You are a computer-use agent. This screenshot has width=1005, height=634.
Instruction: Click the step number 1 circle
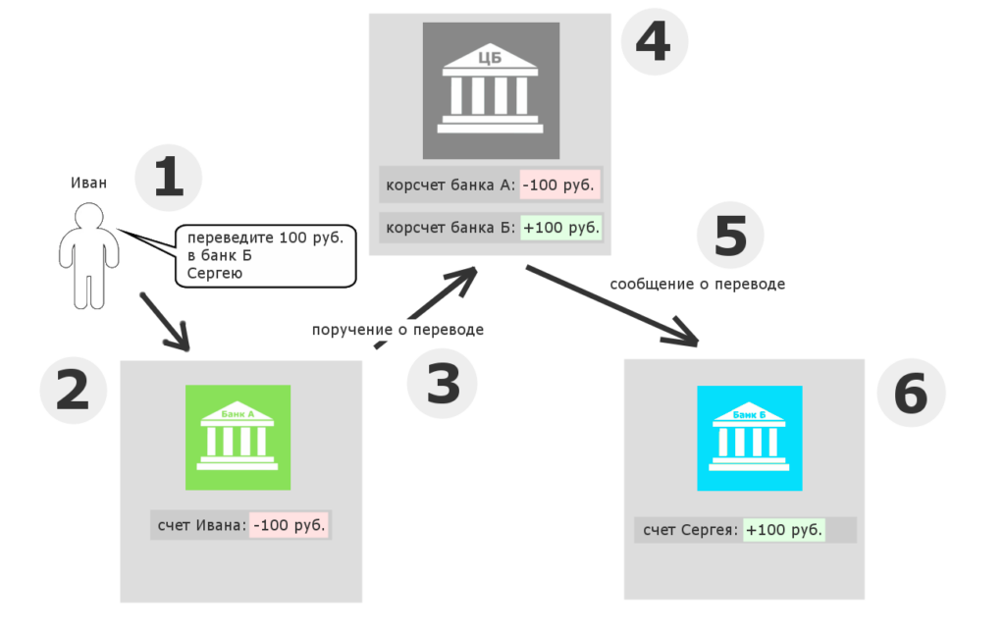[x=169, y=178]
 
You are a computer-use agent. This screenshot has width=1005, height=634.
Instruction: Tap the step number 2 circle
[x=73, y=391]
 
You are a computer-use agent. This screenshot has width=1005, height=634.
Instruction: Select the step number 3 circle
[x=443, y=384]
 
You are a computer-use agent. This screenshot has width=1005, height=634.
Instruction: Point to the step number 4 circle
[x=655, y=41]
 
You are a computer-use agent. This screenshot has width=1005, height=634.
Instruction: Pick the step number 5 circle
[x=730, y=236]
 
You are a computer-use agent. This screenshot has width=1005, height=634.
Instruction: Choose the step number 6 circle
[x=911, y=393]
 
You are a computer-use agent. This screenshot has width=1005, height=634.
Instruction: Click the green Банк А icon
[x=238, y=438]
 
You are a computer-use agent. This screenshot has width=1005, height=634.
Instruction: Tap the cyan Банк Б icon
[x=750, y=439]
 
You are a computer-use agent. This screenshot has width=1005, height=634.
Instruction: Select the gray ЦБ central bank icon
[x=491, y=90]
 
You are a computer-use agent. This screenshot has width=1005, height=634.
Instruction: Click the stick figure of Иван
[x=89, y=256]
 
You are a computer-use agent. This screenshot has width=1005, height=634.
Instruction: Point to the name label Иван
[x=88, y=183]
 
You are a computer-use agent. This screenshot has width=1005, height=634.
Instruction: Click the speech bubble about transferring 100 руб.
[x=265, y=256]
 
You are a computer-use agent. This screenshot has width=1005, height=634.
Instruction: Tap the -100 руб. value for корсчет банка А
[x=559, y=185]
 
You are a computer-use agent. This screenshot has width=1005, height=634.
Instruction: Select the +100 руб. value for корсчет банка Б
[x=560, y=228]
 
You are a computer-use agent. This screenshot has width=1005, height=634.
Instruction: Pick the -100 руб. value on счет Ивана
[x=290, y=525]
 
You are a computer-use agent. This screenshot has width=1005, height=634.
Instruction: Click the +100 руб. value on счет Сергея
[x=784, y=530]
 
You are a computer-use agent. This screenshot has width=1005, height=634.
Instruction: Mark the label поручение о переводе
[x=397, y=330]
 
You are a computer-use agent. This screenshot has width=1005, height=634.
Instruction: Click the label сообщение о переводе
[x=698, y=284]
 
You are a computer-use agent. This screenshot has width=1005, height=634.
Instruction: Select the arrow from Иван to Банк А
[x=165, y=323]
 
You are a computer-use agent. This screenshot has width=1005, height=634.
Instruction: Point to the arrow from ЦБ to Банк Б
[x=612, y=306]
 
